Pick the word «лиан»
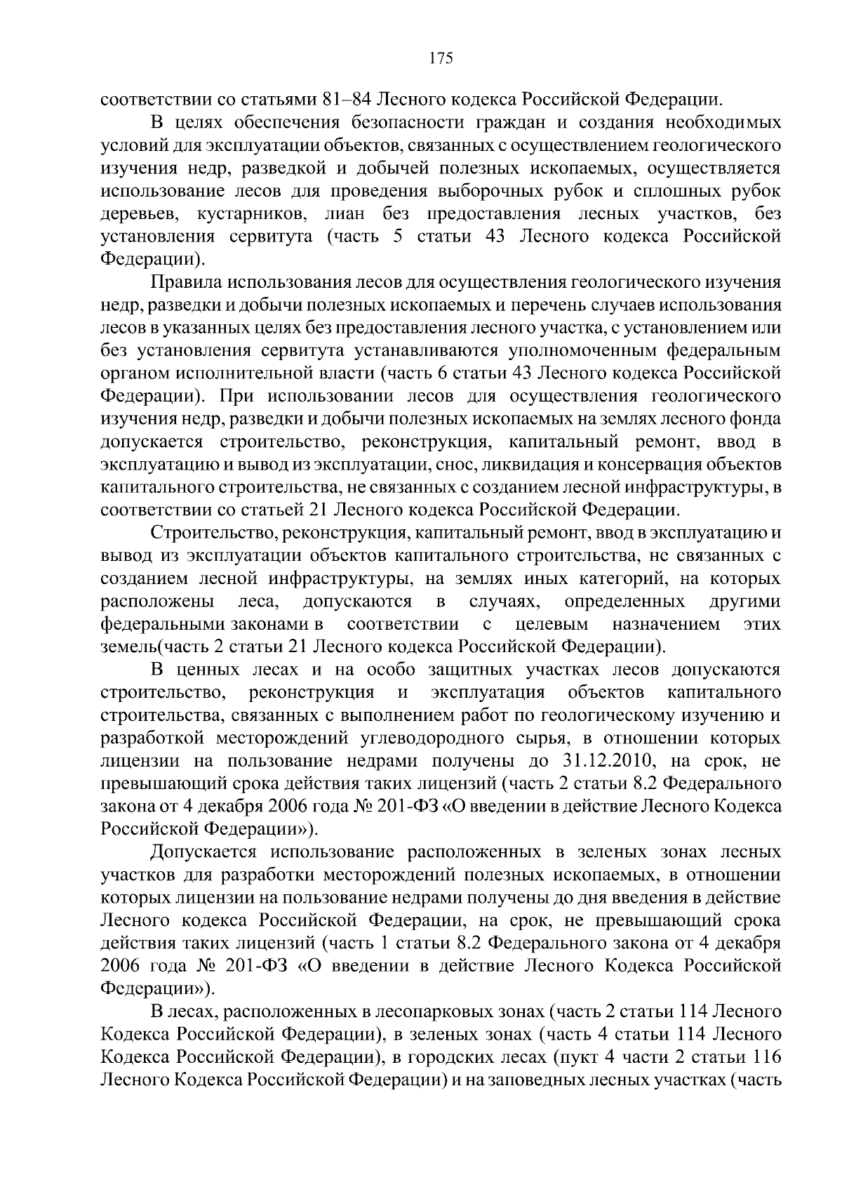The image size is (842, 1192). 347,214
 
